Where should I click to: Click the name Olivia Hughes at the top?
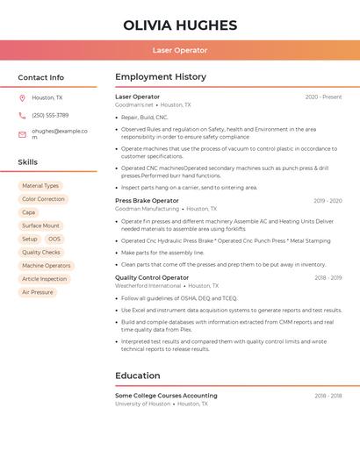point(180,25)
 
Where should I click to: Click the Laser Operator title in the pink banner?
point(180,51)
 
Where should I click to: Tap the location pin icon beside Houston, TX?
point(22,97)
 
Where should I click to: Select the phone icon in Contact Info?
point(22,115)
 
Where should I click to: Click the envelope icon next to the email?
point(22,133)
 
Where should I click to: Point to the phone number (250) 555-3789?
point(50,115)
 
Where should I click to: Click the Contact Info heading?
point(40,77)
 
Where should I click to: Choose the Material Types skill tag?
point(40,186)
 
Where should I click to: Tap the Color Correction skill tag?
point(43,199)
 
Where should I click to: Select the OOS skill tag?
point(54,239)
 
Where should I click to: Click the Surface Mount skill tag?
point(40,225)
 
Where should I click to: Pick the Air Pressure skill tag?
point(37,292)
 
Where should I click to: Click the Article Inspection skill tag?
point(44,279)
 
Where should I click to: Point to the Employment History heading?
point(161,77)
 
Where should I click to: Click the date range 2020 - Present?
point(323,97)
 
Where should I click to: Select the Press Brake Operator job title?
point(147,201)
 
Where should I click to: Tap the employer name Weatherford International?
point(148,286)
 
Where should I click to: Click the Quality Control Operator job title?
point(152,277)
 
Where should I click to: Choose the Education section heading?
point(138,376)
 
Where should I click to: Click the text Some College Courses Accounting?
point(166,396)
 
